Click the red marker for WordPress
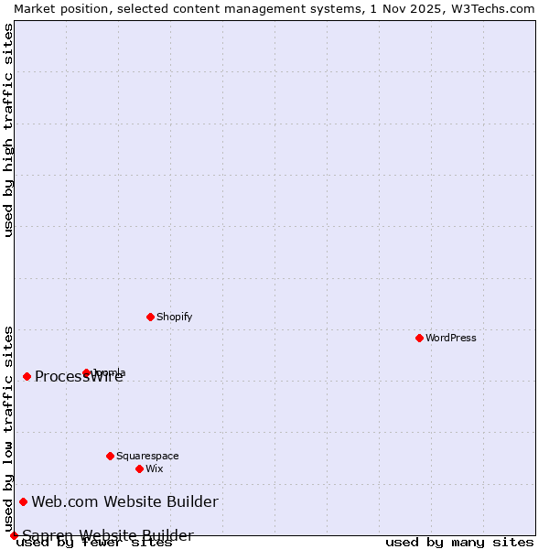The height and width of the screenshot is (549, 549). click(419, 338)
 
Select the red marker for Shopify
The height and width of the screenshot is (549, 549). click(150, 317)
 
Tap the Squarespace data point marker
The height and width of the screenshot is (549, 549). click(110, 456)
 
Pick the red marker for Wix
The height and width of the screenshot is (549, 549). click(139, 468)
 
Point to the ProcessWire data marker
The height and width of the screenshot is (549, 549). click(27, 376)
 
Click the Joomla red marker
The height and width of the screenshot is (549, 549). click(86, 372)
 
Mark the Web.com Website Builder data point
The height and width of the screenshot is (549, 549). click(23, 501)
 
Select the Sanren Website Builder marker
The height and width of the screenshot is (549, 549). click(14, 535)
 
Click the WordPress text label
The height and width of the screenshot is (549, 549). click(451, 338)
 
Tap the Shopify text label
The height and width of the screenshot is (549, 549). click(174, 317)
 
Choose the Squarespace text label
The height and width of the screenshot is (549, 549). click(147, 456)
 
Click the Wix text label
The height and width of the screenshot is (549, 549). click(154, 468)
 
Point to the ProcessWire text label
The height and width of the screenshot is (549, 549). click(79, 377)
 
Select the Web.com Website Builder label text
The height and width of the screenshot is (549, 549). click(124, 501)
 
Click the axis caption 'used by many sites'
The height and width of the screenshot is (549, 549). click(459, 542)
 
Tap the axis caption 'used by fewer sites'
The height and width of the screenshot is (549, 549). click(95, 542)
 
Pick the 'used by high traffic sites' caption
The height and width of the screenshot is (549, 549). click(8, 130)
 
